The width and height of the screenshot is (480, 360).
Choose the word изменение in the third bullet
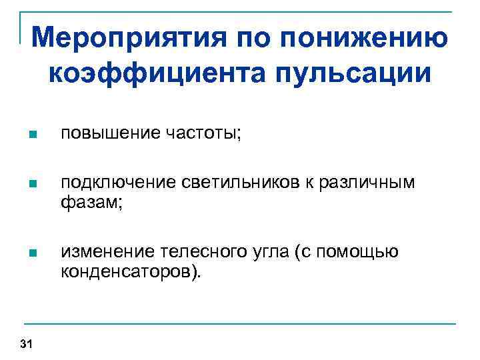point(107,252)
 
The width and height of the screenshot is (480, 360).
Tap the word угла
point(267,252)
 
